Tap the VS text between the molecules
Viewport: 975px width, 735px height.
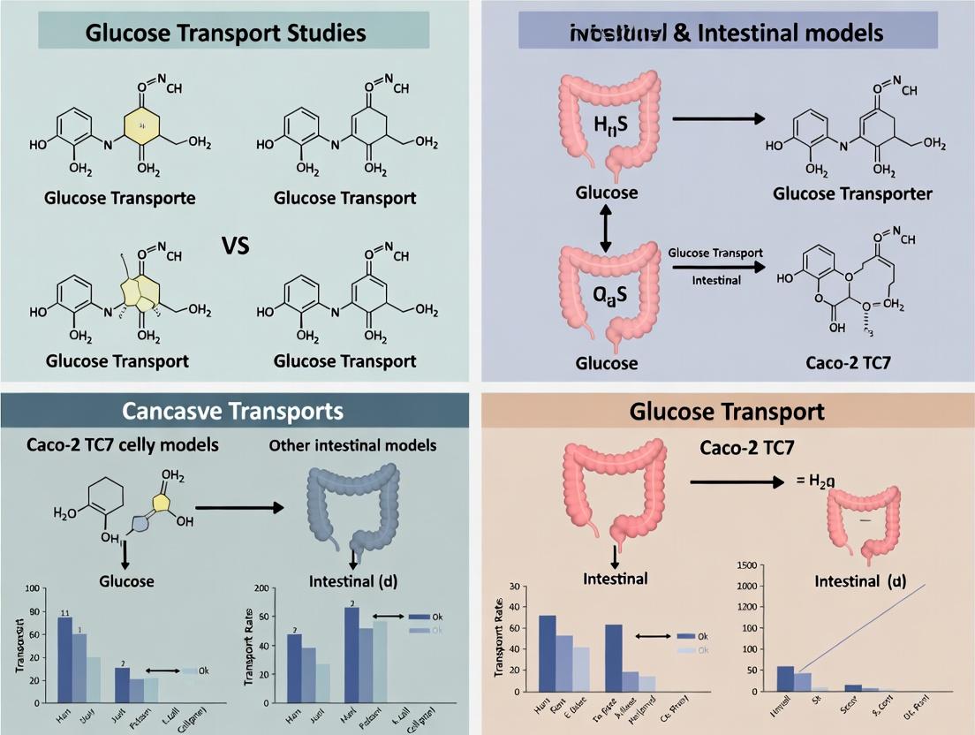pos(236,245)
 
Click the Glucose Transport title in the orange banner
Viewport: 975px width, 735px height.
pos(727,411)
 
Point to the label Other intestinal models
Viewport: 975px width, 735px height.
pos(352,445)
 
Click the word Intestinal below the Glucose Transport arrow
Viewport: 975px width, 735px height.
pos(716,280)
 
